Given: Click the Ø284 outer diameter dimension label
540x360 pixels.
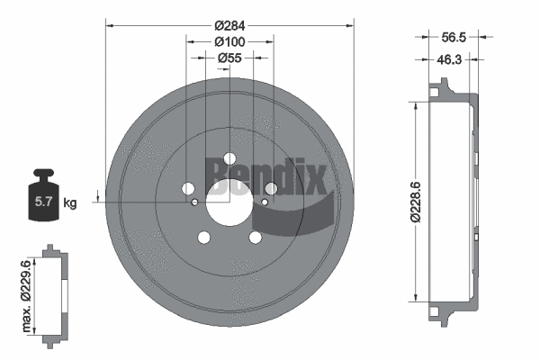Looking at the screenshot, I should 229,25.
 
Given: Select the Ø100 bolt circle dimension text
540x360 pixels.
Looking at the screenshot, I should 229,41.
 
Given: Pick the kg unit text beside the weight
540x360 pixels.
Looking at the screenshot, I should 70,203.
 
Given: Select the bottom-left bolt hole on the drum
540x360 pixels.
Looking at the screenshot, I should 203,237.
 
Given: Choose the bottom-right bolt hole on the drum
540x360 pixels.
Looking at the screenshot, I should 255,237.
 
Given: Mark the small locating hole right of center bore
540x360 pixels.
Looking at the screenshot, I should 264,202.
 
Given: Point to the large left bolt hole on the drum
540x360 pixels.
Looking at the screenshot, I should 188,188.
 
